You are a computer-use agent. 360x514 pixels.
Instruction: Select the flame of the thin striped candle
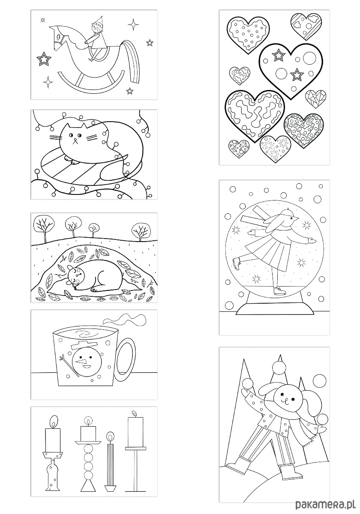pos(111,435)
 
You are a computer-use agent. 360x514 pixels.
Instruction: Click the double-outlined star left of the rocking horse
pos(44,59)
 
